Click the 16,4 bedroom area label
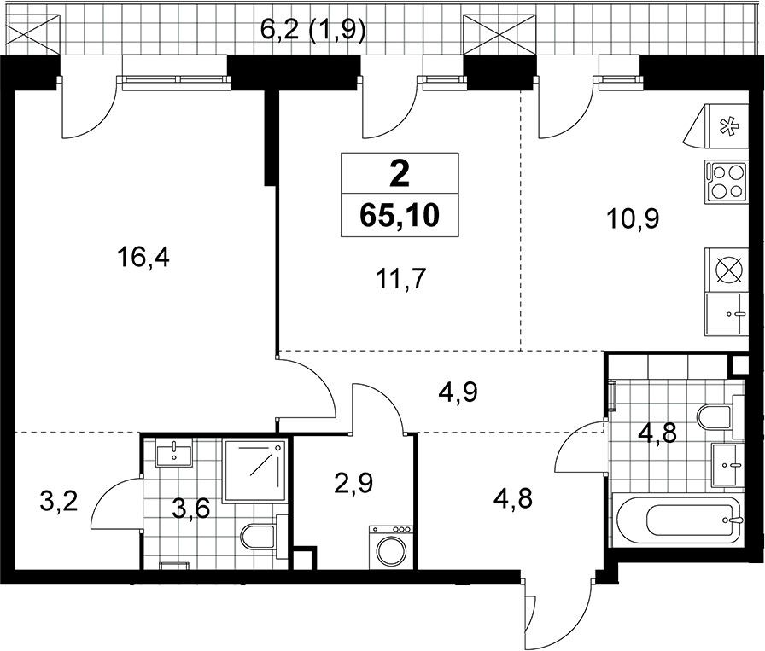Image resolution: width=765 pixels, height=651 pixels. [143, 258]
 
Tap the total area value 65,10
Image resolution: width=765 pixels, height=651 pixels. [400, 215]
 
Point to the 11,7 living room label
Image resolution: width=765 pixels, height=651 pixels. [401, 280]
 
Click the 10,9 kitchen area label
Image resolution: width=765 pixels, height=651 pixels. [633, 219]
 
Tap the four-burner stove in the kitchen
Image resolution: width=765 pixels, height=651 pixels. [726, 182]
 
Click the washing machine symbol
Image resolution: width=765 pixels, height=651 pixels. [391, 547]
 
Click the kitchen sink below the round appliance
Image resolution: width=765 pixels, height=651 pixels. [726, 314]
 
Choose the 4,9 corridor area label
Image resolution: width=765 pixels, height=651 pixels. [458, 392]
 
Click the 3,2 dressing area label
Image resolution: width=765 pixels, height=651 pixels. [59, 502]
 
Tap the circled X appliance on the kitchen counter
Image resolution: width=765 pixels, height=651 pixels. [726, 270]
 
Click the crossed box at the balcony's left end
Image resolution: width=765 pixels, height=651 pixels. [33, 34]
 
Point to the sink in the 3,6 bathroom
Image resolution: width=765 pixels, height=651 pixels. [174, 452]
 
